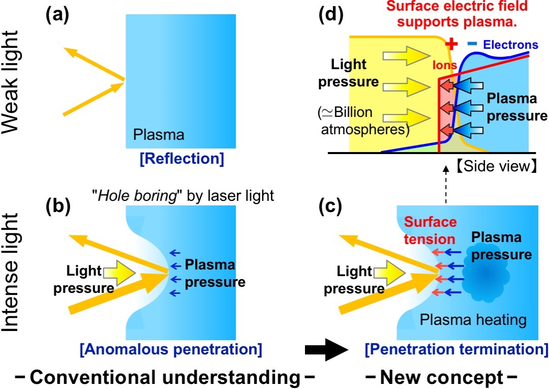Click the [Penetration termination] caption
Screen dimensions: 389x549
click(x=456, y=349)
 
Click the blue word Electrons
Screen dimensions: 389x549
click(x=510, y=45)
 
